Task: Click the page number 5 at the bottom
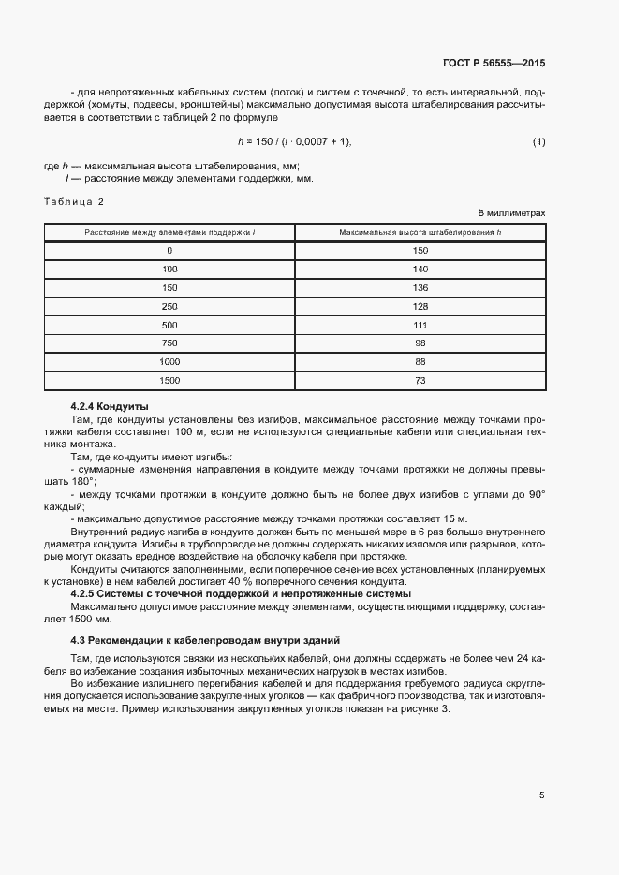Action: (541, 795)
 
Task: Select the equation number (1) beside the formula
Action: (538, 141)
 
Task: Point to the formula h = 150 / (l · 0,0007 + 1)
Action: (294, 141)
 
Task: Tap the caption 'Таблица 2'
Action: (75, 202)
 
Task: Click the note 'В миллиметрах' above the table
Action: (511, 214)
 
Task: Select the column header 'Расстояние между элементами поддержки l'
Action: (169, 231)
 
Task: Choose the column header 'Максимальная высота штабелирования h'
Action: (420, 231)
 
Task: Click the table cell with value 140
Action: (420, 269)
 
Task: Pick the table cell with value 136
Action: (420, 287)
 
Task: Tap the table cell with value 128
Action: (420, 306)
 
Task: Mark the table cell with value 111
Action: (420, 325)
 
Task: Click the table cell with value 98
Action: (420, 343)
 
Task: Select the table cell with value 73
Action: (420, 380)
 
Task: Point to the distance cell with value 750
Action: (169, 343)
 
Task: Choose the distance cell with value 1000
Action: (169, 361)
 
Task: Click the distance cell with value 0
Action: (169, 250)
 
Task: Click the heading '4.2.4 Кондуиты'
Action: (110, 406)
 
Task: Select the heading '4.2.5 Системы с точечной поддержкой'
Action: (240, 594)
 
